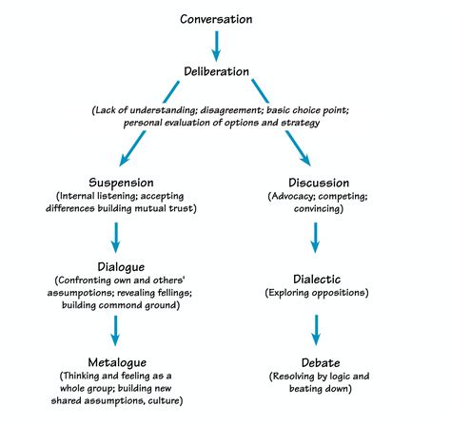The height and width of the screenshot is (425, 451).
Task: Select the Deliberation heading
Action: point(217,71)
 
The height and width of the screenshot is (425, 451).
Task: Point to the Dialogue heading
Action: point(115,267)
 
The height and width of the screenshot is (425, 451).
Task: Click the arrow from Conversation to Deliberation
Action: point(217,44)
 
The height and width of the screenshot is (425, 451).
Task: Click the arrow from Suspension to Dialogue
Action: point(115,236)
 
